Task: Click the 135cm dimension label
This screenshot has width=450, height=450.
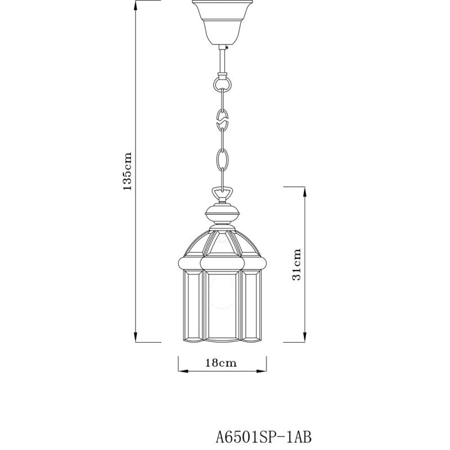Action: coord(129,171)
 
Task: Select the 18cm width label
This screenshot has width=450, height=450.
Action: coord(220,363)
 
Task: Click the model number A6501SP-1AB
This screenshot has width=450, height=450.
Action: coord(264,435)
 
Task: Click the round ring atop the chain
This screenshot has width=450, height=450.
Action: coord(222,85)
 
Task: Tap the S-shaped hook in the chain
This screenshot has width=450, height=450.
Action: coord(222,120)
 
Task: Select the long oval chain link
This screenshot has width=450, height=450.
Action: coord(222,161)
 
